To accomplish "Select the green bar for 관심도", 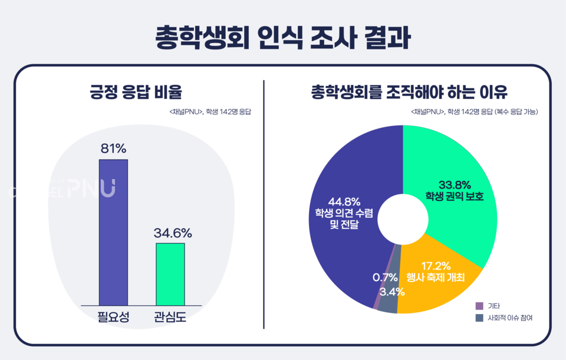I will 170,274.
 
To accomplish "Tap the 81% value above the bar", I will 113,148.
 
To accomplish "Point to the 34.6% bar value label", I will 173,233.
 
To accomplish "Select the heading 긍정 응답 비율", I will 136,93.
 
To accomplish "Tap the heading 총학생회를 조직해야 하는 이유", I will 409,93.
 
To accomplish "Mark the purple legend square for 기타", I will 479,306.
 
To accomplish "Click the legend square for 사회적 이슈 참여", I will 479,318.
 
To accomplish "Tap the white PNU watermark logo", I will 92,188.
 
